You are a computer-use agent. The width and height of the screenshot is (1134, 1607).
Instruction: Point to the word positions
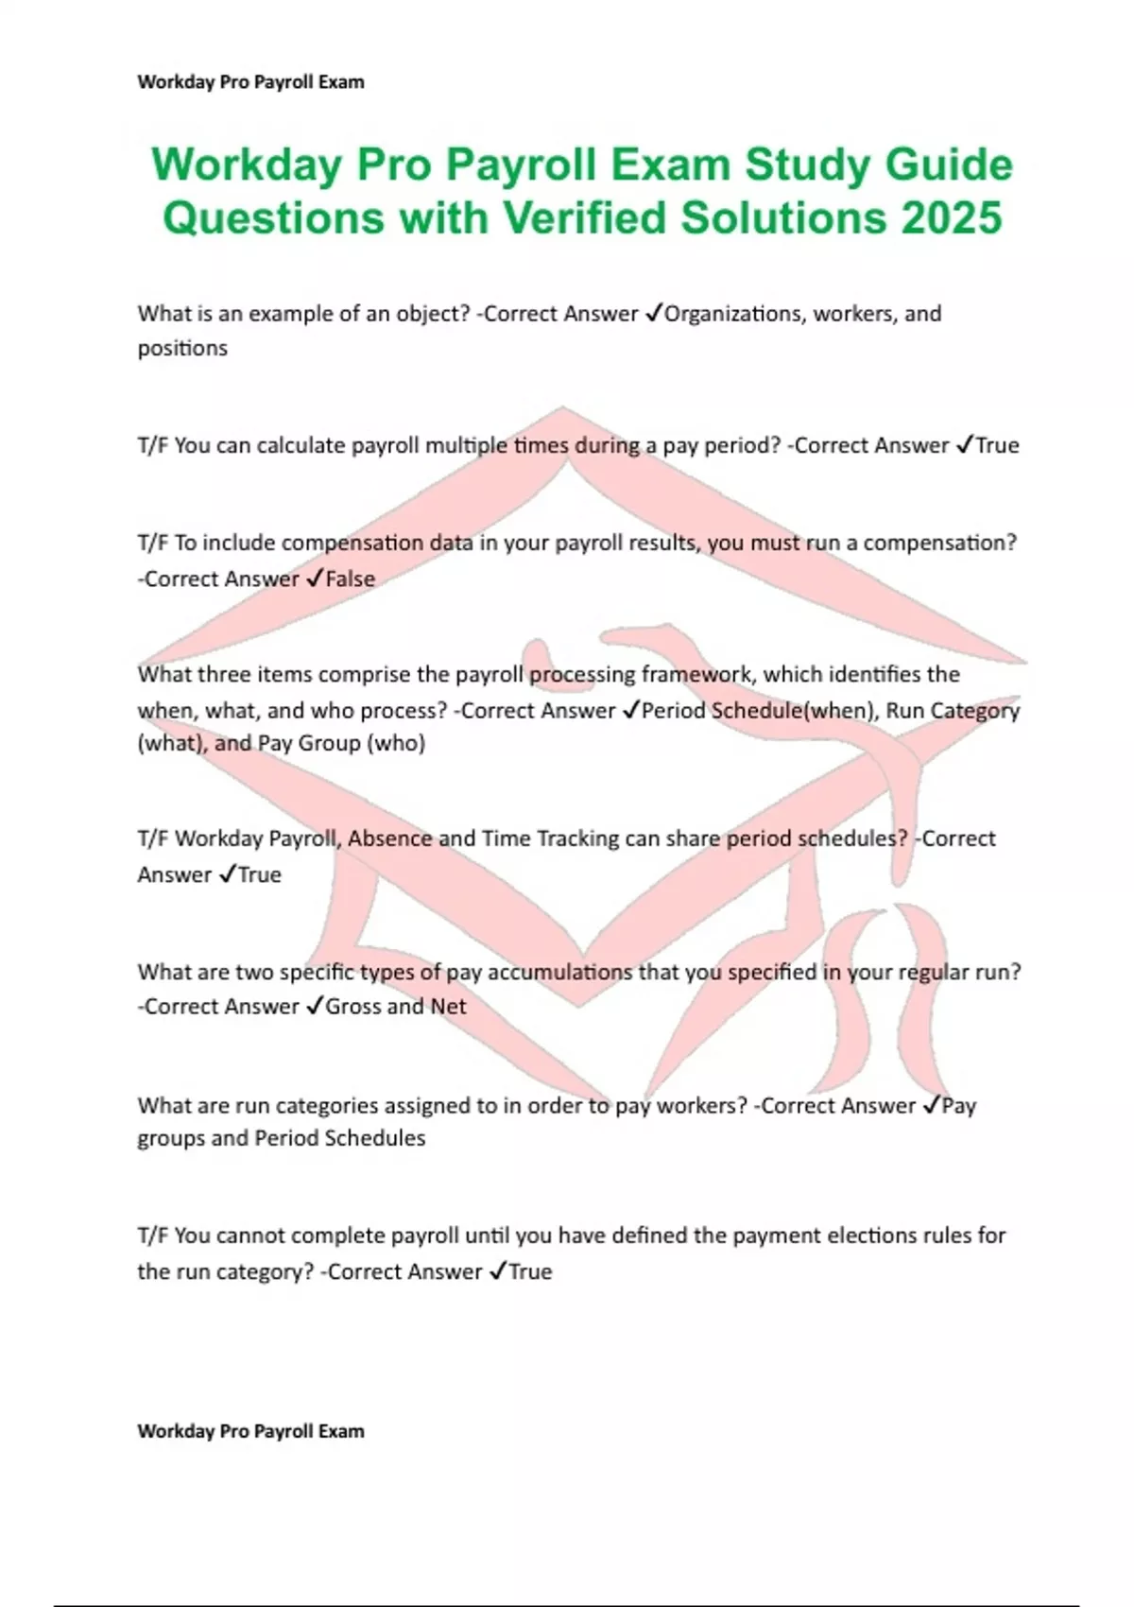(x=182, y=349)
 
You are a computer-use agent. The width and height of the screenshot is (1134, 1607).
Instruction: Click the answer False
(x=350, y=579)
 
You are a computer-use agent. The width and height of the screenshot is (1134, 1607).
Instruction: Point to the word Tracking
(x=576, y=838)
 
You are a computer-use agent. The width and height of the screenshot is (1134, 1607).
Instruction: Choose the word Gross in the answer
(x=353, y=1007)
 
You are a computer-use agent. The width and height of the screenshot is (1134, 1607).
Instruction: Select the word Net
(x=448, y=1007)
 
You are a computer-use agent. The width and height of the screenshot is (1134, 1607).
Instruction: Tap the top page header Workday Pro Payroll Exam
(x=250, y=82)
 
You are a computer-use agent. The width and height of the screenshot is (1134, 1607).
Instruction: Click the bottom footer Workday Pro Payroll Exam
(x=250, y=1431)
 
